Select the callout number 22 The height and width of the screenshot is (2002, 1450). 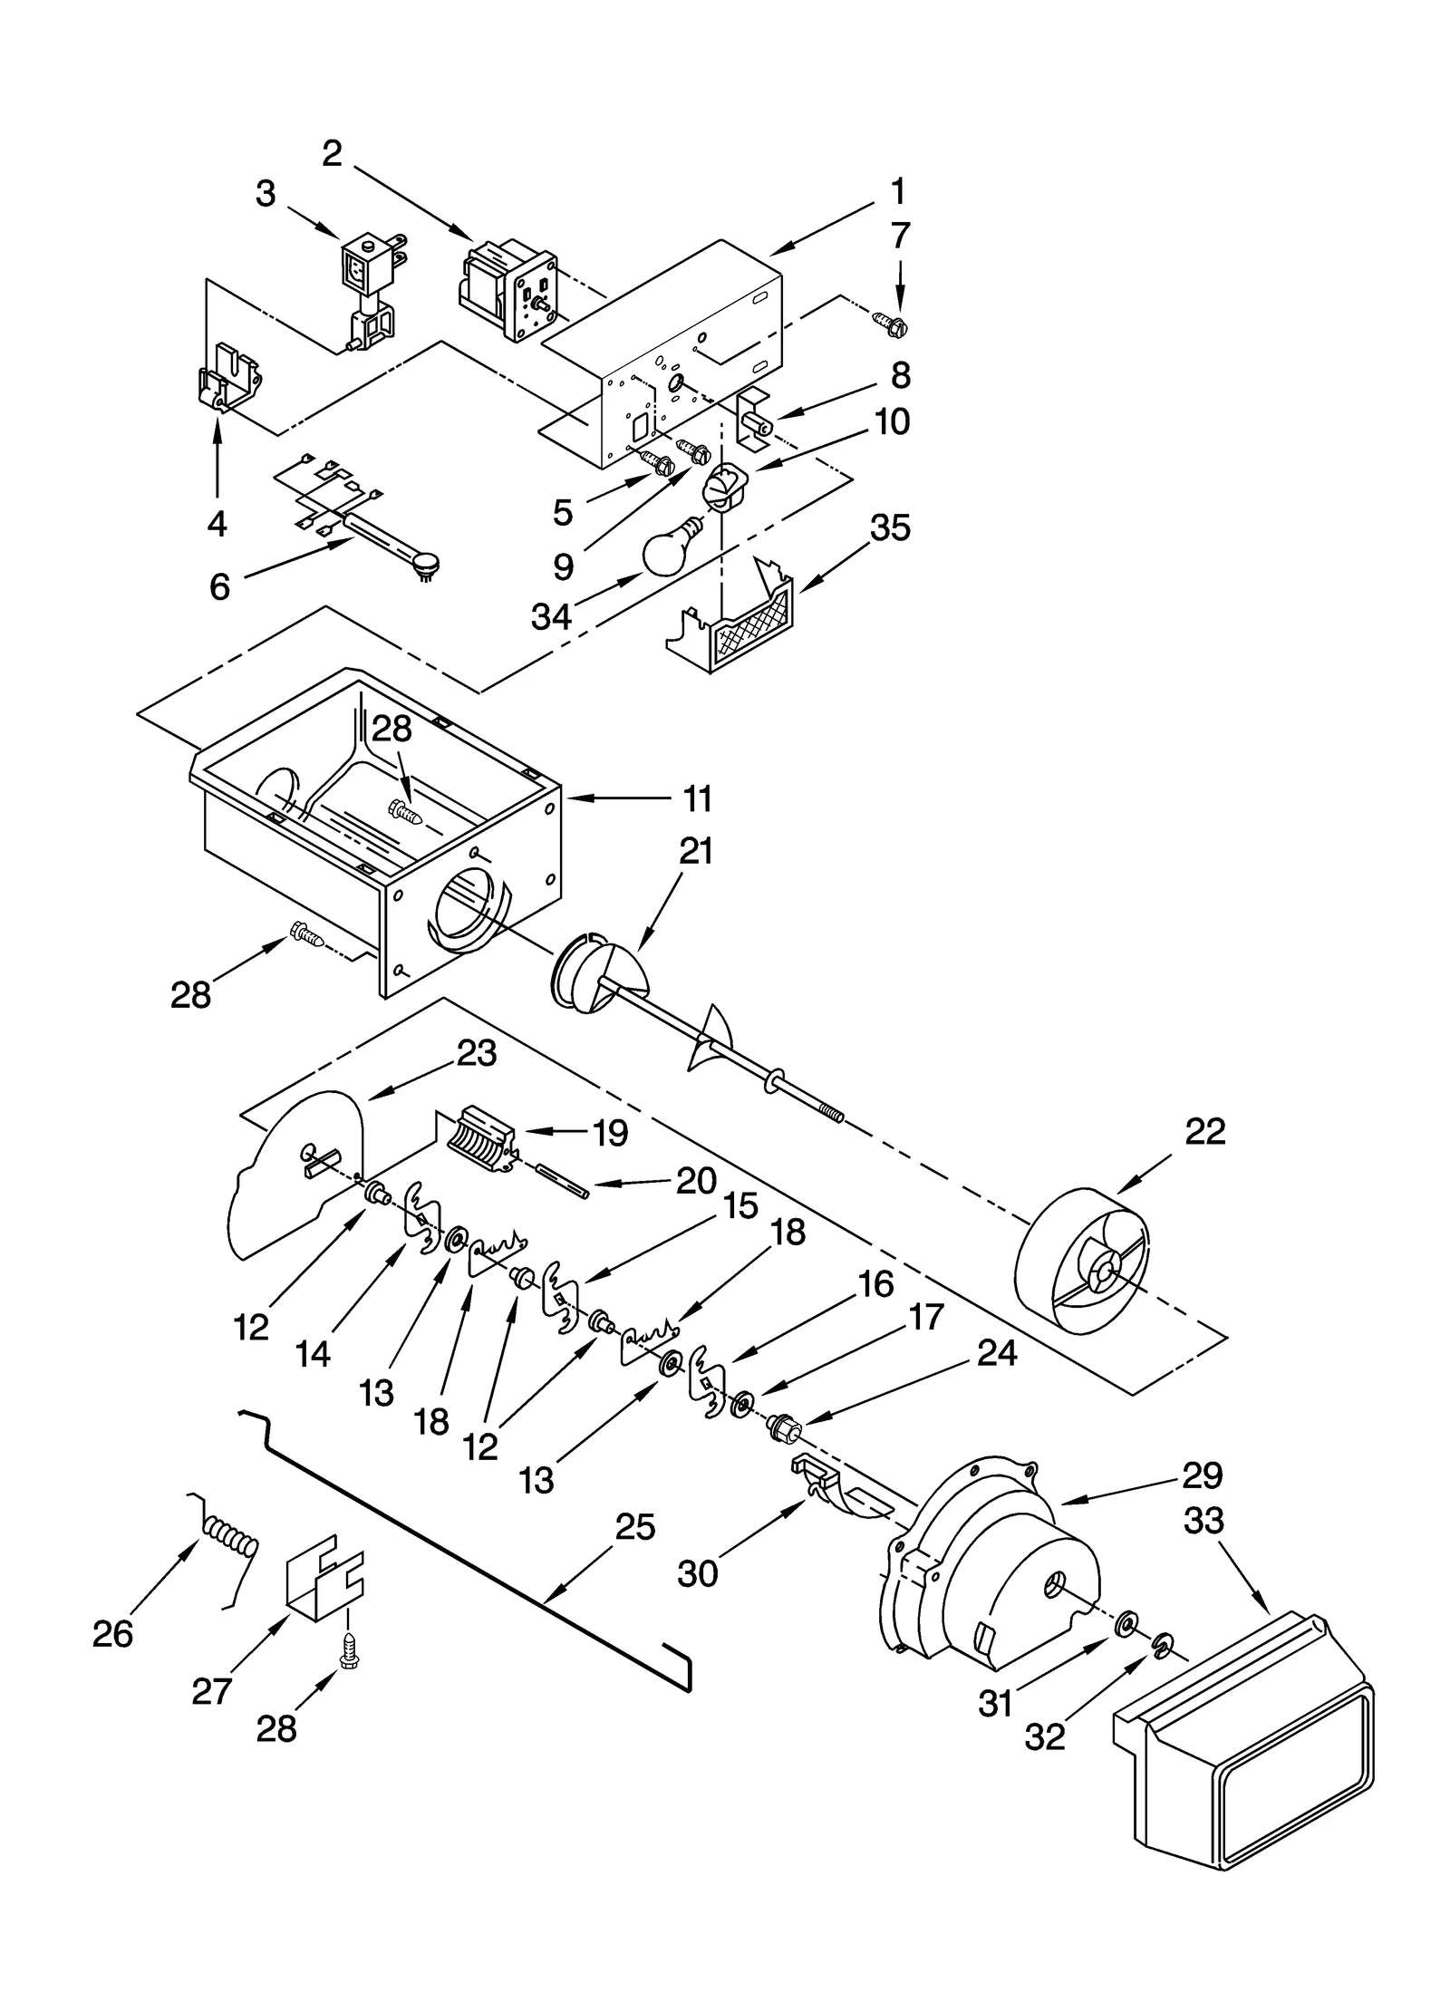[x=1204, y=1131]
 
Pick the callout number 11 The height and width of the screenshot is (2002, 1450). [x=697, y=799]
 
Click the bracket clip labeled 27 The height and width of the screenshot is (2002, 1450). [x=324, y=1578]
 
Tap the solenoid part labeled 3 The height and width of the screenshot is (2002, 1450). [x=369, y=290]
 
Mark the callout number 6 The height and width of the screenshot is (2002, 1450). [x=219, y=587]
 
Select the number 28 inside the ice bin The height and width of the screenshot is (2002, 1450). [x=391, y=729]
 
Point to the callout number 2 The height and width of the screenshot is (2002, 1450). [x=332, y=154]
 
